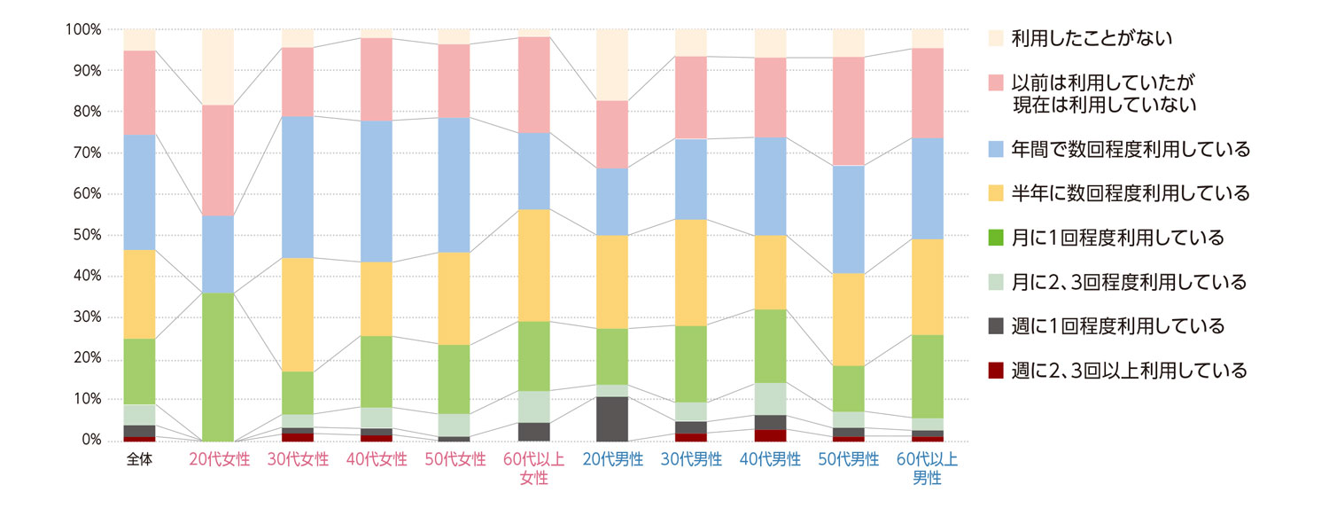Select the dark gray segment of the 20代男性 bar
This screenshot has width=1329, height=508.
[x=611, y=418]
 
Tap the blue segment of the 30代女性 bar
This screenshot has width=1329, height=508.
[x=298, y=187]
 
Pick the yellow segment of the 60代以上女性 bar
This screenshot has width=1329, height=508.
[x=533, y=265]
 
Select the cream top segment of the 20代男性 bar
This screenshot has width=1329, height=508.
[x=611, y=65]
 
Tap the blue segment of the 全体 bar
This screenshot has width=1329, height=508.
[x=140, y=191]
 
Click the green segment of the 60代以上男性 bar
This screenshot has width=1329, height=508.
[x=927, y=376]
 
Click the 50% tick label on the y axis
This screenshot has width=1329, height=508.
[x=83, y=235]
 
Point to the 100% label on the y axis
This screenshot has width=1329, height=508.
[x=82, y=29]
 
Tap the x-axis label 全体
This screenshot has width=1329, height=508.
[x=140, y=459]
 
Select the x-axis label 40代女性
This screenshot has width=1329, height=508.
[x=377, y=459]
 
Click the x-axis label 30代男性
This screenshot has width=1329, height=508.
[x=690, y=459]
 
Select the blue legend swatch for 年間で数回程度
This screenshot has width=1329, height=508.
[x=996, y=149]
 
